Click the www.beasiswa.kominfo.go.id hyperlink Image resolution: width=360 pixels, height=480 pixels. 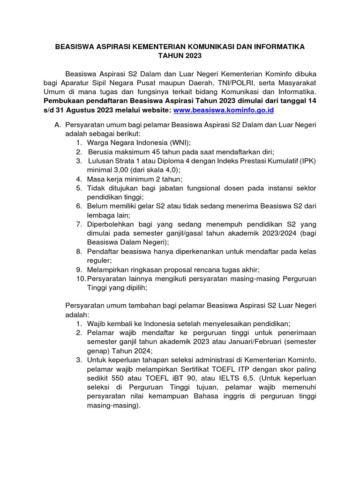pyautogui.click(x=224, y=110)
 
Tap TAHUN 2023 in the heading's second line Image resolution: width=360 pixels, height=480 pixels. pyautogui.click(x=180, y=56)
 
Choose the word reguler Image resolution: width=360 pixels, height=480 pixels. pyautogui.click(x=99, y=261)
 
